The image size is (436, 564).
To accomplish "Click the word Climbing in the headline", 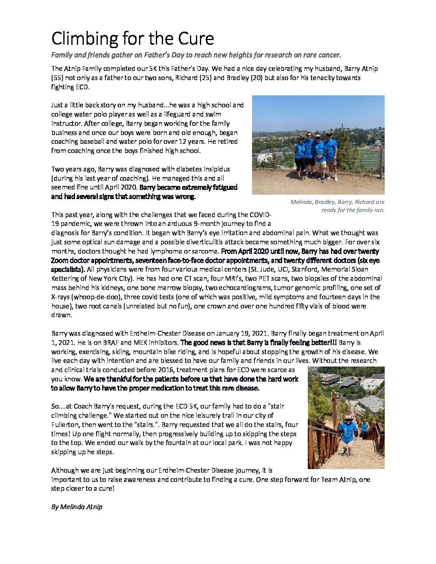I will (85, 39).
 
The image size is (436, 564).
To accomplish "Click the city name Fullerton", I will (66, 425).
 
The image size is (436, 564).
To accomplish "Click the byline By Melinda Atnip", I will (77, 507).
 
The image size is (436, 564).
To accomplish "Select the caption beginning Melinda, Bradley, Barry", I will (337, 206).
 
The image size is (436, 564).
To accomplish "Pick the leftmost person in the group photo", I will (300, 158).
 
